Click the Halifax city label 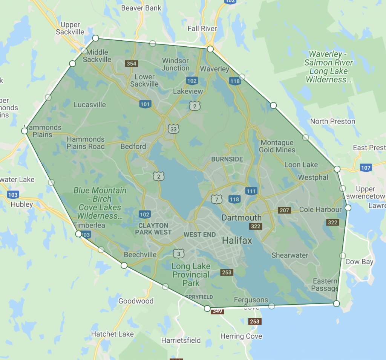[x=237, y=240]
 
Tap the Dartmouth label [x=241, y=218]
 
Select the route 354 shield [x=131, y=64]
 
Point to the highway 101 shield [x=145, y=104]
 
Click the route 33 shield [x=173, y=130]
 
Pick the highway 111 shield [x=251, y=191]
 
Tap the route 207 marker [x=284, y=210]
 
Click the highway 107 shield [x=365, y=167]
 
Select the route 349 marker [x=218, y=311]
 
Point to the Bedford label [x=133, y=146]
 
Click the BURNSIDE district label [x=227, y=159]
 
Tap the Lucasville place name [x=90, y=105]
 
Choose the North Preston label [x=332, y=121]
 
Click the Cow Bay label [x=359, y=262]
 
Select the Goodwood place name [x=136, y=301]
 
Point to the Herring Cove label [x=241, y=336]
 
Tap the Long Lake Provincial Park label [x=191, y=275]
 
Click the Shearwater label [x=290, y=255]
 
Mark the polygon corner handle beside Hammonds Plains [x=25, y=131]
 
